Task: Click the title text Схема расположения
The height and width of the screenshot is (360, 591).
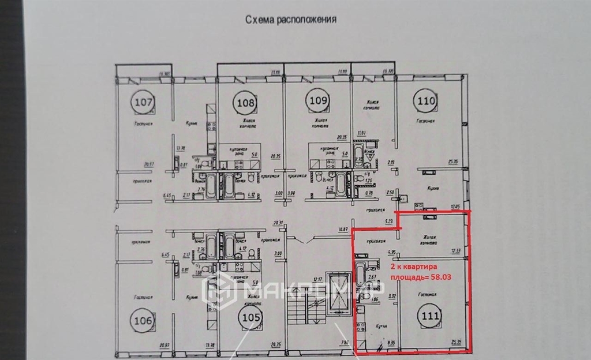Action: click(291, 20)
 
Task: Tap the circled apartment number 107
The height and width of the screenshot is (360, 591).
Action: click(144, 104)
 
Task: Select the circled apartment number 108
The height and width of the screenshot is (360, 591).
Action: click(246, 103)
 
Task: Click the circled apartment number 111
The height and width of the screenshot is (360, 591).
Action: click(431, 316)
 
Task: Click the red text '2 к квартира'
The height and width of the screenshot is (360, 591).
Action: click(414, 268)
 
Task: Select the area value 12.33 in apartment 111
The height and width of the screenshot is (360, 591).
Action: click(457, 250)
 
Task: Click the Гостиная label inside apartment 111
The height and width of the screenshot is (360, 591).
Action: click(428, 295)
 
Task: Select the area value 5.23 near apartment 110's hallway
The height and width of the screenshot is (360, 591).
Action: click(388, 220)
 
